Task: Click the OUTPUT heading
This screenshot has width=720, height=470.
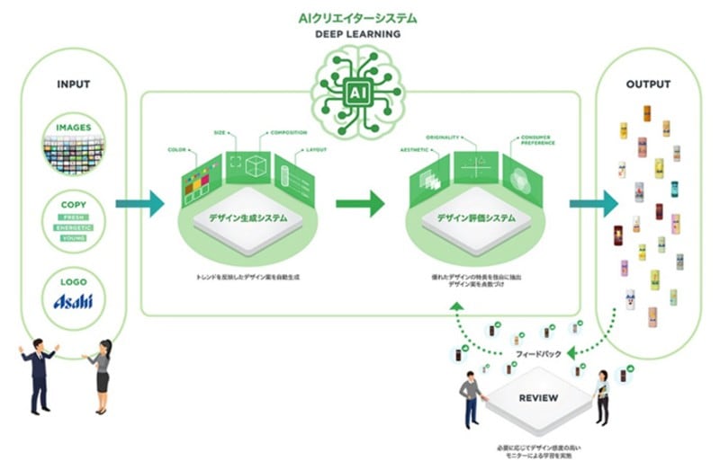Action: (x=648, y=84)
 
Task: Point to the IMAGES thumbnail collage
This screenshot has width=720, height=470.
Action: (x=74, y=151)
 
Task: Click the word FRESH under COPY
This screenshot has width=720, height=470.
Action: (x=74, y=217)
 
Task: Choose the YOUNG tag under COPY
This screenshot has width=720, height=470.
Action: (x=74, y=238)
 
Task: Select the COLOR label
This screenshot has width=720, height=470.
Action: (x=175, y=149)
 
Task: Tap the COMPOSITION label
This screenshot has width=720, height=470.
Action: (x=287, y=134)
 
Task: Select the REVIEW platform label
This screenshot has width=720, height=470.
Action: (x=539, y=397)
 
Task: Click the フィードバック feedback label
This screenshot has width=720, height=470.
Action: (x=541, y=355)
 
